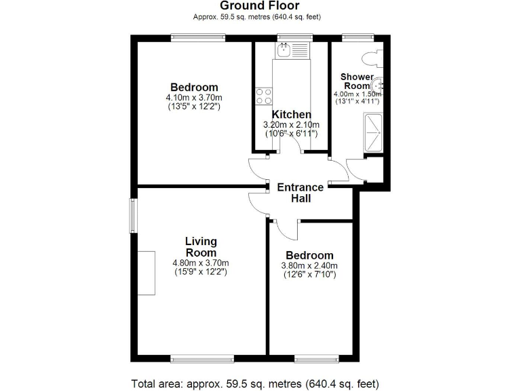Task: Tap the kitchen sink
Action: pyautogui.click(x=285, y=50)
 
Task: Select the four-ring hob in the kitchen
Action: pyautogui.click(x=263, y=96)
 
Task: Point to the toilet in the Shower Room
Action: pyautogui.click(x=372, y=58)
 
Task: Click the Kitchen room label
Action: pyautogui.click(x=292, y=115)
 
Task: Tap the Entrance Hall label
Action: pyautogui.click(x=301, y=193)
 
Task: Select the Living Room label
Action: pyautogui.click(x=201, y=246)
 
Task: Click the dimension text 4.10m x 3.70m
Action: pyautogui.click(x=194, y=98)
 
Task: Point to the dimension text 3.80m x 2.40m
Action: pyautogui.click(x=309, y=265)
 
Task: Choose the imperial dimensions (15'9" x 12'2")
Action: pyautogui.click(x=201, y=272)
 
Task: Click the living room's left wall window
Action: pyautogui.click(x=133, y=215)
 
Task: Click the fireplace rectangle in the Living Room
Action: pyautogui.click(x=146, y=272)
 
